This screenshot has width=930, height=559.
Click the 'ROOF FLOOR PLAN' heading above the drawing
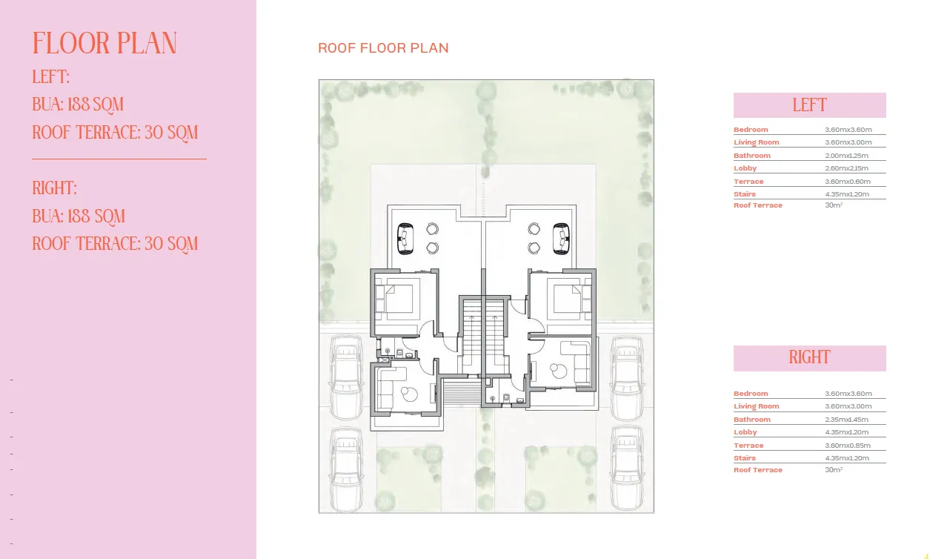[x=383, y=48]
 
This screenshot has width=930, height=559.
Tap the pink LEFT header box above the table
[x=809, y=105]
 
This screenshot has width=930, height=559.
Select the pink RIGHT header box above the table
[x=809, y=357]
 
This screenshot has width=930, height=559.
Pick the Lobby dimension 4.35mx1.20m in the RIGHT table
[x=848, y=432]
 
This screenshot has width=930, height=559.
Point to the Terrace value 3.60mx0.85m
[x=848, y=446]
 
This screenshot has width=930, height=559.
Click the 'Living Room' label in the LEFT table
[x=756, y=142]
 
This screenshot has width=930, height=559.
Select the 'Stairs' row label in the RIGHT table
[x=745, y=458]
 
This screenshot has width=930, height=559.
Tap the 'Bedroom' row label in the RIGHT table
[x=751, y=394]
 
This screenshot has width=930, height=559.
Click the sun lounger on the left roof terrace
[x=405, y=238]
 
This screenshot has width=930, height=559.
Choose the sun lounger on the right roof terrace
[x=562, y=238]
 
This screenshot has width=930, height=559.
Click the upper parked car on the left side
[x=346, y=377]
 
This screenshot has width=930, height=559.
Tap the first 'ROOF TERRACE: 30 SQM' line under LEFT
[x=116, y=133]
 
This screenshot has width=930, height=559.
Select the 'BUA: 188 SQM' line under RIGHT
[x=79, y=216]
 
